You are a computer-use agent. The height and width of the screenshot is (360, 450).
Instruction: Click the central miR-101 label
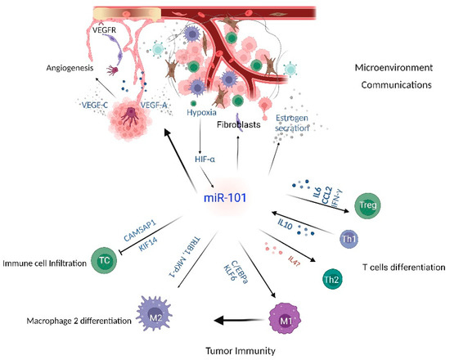click(227, 196)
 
